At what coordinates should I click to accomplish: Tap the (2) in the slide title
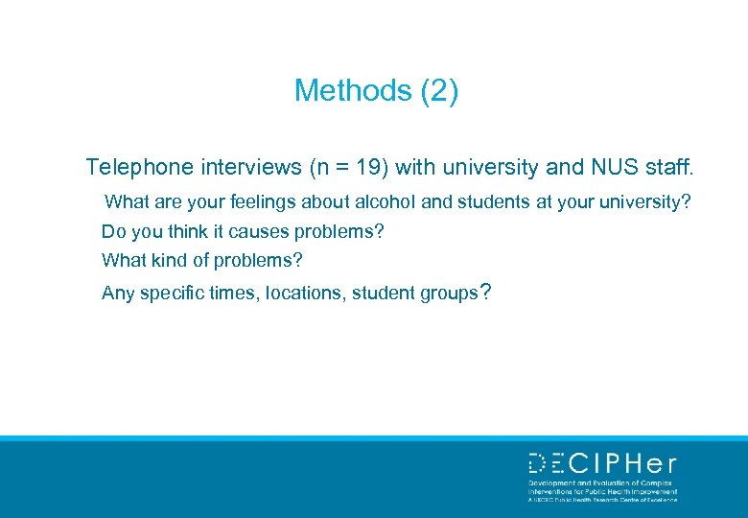click(x=439, y=91)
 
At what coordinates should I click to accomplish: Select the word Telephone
click(x=140, y=168)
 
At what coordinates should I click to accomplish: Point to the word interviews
click(x=251, y=168)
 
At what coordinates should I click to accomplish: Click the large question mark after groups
click(x=485, y=292)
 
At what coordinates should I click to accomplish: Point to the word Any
click(x=118, y=294)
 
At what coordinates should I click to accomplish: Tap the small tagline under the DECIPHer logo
click(x=602, y=491)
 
